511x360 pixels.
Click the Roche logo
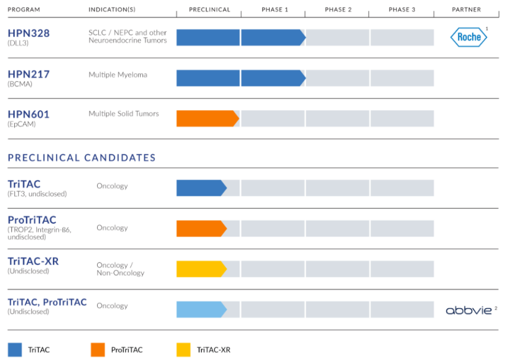coord(468,37)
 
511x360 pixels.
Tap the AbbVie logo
coord(469,310)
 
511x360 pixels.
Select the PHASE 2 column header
coord(338,10)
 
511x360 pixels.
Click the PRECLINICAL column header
coord(210,10)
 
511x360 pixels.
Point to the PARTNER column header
coord(466,10)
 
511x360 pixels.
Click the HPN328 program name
coord(28,33)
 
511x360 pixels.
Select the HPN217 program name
coord(28,74)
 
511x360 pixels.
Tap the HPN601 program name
coord(28,115)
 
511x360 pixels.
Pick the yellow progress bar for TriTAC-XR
coord(201,269)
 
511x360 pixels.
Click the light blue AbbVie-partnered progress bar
coord(201,309)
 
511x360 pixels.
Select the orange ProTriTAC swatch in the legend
coord(98,349)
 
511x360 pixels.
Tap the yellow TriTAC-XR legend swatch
coord(183,349)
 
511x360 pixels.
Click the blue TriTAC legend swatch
coord(15,349)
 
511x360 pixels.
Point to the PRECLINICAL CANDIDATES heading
coord(82,158)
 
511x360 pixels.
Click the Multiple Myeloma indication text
coord(118,75)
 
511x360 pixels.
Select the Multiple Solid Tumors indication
coord(124,114)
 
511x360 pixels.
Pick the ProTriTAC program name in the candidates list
coord(32,220)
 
